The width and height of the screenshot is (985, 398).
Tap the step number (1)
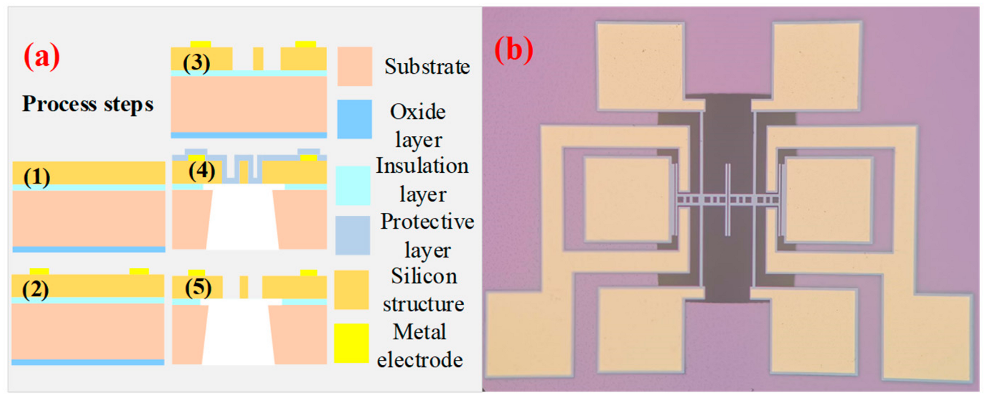(x=37, y=177)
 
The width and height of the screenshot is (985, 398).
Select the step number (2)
(x=35, y=290)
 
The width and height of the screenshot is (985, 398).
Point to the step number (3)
(x=196, y=63)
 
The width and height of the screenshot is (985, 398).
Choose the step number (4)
(x=202, y=171)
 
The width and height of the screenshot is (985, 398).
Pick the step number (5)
(x=198, y=288)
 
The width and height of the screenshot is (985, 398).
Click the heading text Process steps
(x=88, y=104)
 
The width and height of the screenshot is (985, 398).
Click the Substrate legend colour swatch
(x=354, y=66)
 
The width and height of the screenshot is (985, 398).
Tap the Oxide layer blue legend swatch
(x=354, y=119)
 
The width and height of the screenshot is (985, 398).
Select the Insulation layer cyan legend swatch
(x=353, y=186)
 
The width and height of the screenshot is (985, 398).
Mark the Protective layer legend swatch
(x=352, y=235)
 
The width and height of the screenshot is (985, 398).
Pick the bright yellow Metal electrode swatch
(x=351, y=343)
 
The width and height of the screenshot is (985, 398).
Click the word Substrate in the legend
(x=427, y=67)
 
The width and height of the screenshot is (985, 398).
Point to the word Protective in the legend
(x=427, y=222)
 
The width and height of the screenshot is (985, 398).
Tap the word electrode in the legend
(x=420, y=360)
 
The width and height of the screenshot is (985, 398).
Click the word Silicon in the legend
(x=424, y=277)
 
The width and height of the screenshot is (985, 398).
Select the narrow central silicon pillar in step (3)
(x=258, y=59)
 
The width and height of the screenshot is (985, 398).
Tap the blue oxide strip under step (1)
(x=89, y=249)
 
